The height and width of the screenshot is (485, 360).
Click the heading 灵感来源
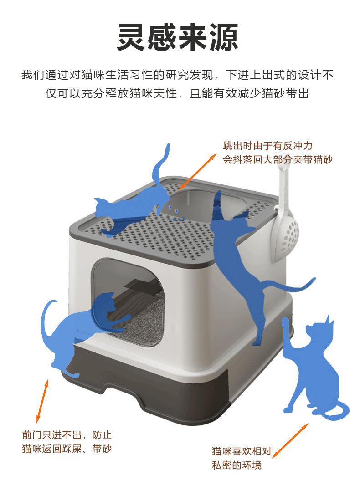coord(178,37)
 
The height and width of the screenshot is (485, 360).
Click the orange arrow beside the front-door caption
coord(42,401)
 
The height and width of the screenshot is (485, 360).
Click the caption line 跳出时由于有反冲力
coord(268,146)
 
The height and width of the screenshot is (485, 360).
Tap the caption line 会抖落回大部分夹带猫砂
coord(278,159)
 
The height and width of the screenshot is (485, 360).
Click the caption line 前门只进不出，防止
coord(67,435)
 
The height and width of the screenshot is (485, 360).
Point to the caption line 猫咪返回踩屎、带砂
coord(67,449)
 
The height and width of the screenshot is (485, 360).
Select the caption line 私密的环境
coord(237,465)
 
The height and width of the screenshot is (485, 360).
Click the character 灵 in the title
coord(131,37)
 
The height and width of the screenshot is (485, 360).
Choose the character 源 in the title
coord(224,37)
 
